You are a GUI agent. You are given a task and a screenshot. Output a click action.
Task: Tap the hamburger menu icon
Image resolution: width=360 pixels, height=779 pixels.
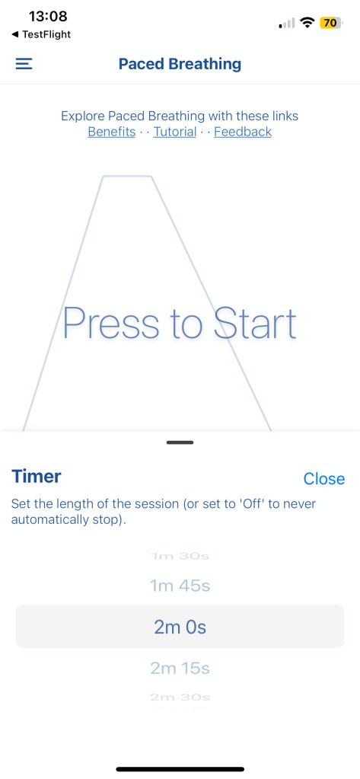24,64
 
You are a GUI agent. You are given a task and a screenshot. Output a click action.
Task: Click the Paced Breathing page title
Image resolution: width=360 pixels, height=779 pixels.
180,64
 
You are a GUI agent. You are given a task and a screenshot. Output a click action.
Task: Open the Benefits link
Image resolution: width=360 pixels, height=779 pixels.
112,132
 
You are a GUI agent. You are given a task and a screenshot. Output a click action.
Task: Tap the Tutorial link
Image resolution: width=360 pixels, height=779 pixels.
175,132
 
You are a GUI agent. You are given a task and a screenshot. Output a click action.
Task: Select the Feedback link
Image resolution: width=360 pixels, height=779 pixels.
243,132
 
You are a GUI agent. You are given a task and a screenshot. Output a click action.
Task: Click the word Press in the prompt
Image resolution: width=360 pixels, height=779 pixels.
110,323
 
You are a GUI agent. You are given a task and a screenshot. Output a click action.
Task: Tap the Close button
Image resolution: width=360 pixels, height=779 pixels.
323,478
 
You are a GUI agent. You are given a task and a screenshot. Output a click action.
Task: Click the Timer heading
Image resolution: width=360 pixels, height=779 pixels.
37,476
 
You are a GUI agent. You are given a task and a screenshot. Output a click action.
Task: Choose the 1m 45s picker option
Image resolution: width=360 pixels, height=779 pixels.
180,586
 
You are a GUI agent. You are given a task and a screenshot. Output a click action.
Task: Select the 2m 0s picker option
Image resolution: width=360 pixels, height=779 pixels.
180,627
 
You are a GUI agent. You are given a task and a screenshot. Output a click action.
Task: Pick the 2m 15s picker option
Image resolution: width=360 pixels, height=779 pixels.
180,669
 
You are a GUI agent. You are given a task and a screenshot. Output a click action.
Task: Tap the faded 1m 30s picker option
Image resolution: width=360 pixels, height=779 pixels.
180,556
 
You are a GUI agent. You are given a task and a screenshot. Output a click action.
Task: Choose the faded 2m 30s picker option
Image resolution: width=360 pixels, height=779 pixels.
180,698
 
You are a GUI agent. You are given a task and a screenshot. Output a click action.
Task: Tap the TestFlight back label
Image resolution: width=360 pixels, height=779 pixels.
41,34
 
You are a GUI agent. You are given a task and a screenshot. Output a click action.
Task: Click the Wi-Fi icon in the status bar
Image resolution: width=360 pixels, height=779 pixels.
308,23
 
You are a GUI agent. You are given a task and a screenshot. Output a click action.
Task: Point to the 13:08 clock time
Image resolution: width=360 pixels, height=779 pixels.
48,17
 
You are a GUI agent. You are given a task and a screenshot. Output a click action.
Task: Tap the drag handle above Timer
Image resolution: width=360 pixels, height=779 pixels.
180,442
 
